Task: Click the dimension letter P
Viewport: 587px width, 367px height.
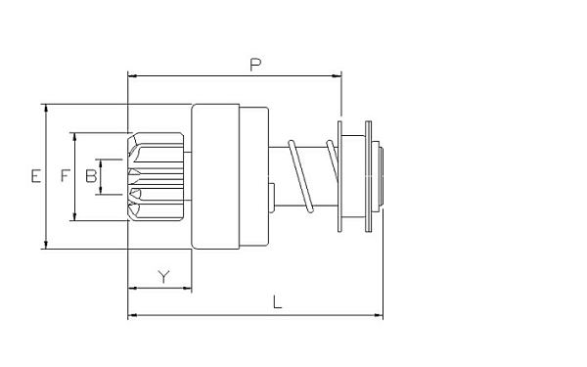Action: [255, 65]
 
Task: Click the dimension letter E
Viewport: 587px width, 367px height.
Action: [36, 176]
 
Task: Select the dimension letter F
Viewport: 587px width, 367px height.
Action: [66, 175]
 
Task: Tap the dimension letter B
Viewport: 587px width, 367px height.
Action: [91, 175]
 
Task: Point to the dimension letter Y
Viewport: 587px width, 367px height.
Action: [163, 277]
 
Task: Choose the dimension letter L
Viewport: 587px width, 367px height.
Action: [277, 302]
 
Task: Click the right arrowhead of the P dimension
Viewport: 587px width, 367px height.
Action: [337, 76]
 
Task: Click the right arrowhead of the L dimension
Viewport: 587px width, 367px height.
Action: [378, 315]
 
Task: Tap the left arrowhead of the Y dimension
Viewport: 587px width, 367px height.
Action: [132, 289]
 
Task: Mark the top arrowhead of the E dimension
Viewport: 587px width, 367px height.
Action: [46, 109]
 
